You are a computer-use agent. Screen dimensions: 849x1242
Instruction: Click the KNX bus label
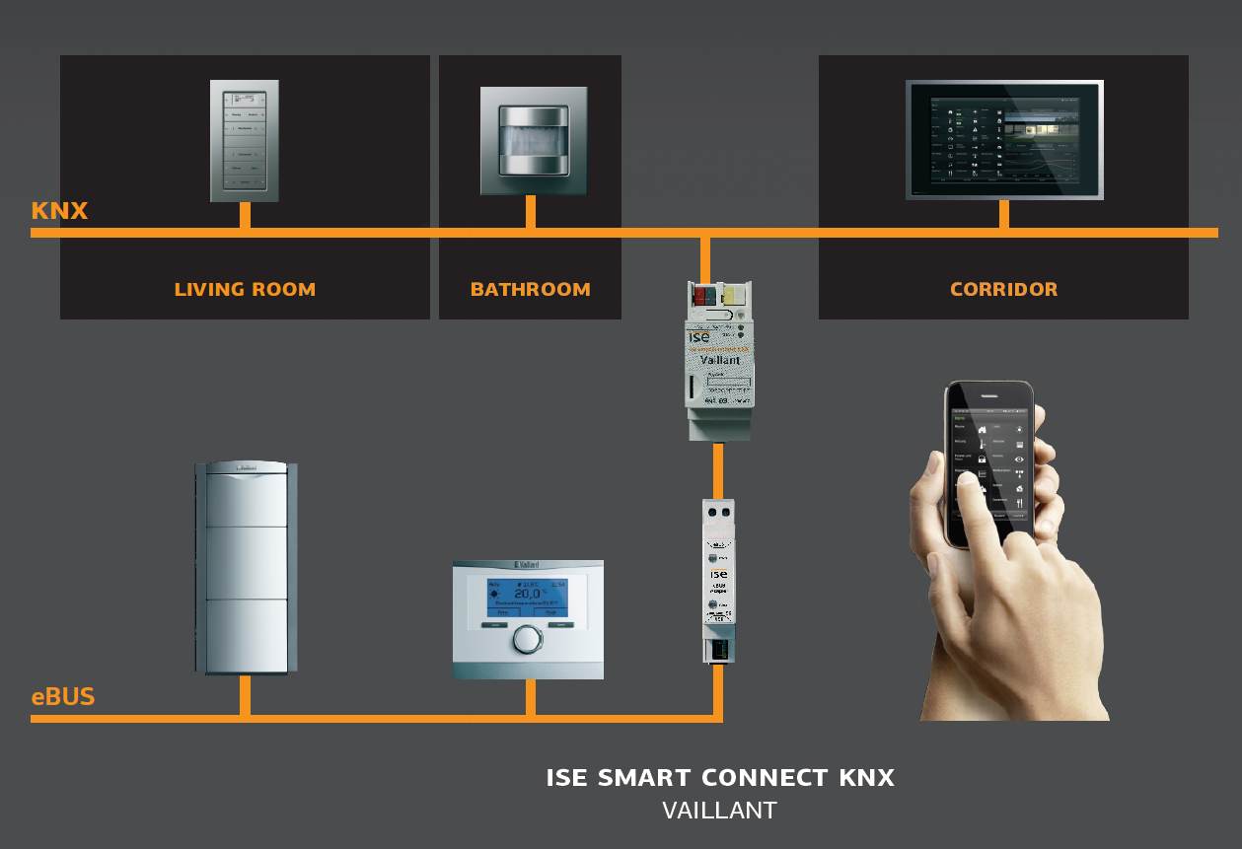click(59, 210)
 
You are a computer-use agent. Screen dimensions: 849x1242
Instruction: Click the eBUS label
click(63, 697)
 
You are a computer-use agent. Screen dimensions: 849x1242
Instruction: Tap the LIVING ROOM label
click(245, 290)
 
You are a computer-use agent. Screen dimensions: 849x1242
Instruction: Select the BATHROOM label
click(530, 290)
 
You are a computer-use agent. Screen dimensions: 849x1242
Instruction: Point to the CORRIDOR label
click(1003, 290)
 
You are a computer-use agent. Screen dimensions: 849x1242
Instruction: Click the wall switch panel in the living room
click(245, 140)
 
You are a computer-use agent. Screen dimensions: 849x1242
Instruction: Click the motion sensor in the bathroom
click(530, 141)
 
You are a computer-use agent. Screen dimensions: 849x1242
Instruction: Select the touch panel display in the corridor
click(1003, 140)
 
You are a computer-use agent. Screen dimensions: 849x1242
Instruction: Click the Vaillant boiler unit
click(245, 567)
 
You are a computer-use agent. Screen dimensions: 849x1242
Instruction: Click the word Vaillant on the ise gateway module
click(719, 361)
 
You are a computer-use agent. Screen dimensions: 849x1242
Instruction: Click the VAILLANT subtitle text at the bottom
click(719, 812)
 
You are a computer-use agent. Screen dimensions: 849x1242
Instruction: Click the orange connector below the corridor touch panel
click(1003, 214)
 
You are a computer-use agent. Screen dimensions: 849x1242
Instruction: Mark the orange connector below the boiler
click(245, 695)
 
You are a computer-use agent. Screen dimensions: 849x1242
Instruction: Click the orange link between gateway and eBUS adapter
click(718, 470)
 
